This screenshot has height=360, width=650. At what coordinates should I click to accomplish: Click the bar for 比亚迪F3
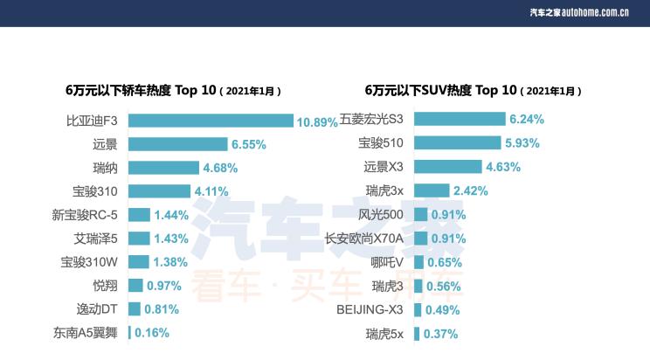pyautogui.click(x=211, y=121)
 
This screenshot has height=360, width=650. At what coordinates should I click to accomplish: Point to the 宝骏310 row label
pyautogui.click(x=95, y=190)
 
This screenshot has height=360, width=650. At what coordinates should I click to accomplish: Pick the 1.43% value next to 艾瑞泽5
pyautogui.click(x=172, y=238)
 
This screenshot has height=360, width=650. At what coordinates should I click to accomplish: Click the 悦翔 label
pyautogui.click(x=105, y=285)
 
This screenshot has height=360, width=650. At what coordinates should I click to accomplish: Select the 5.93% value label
pyautogui.click(x=522, y=142)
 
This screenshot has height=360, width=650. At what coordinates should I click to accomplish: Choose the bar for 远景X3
pyautogui.click(x=447, y=166)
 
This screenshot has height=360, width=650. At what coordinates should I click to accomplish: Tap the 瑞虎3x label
pyautogui.click(x=384, y=190)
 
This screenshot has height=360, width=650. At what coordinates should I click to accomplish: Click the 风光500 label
pyautogui.click(x=381, y=214)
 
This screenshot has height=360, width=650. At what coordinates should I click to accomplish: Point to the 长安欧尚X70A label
pyautogui.click(x=364, y=238)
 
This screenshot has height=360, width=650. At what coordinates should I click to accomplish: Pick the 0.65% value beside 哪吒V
pyautogui.click(x=446, y=261)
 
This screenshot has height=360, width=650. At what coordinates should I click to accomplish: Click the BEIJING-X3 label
pyautogui.click(x=370, y=308)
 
